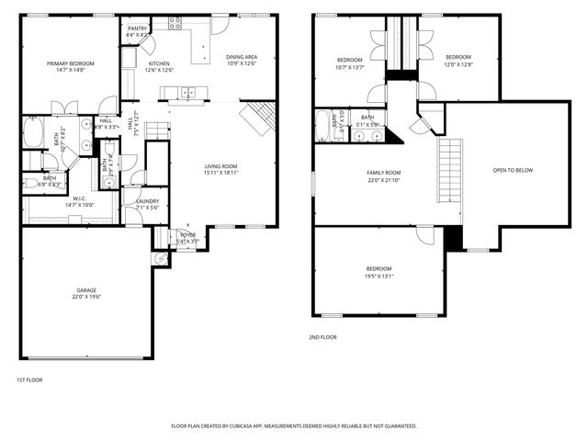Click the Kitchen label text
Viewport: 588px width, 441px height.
(159, 66)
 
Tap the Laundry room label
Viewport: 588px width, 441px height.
(147, 204)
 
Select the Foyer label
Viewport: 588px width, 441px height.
(187, 238)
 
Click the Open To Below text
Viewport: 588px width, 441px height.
(513, 170)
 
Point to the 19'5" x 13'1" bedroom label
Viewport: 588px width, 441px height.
(378, 272)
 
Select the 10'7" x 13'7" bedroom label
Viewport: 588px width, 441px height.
(350, 63)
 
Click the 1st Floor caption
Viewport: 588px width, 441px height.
(29, 379)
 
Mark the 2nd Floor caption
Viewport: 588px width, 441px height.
(322, 337)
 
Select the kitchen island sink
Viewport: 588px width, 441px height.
(187, 92)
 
